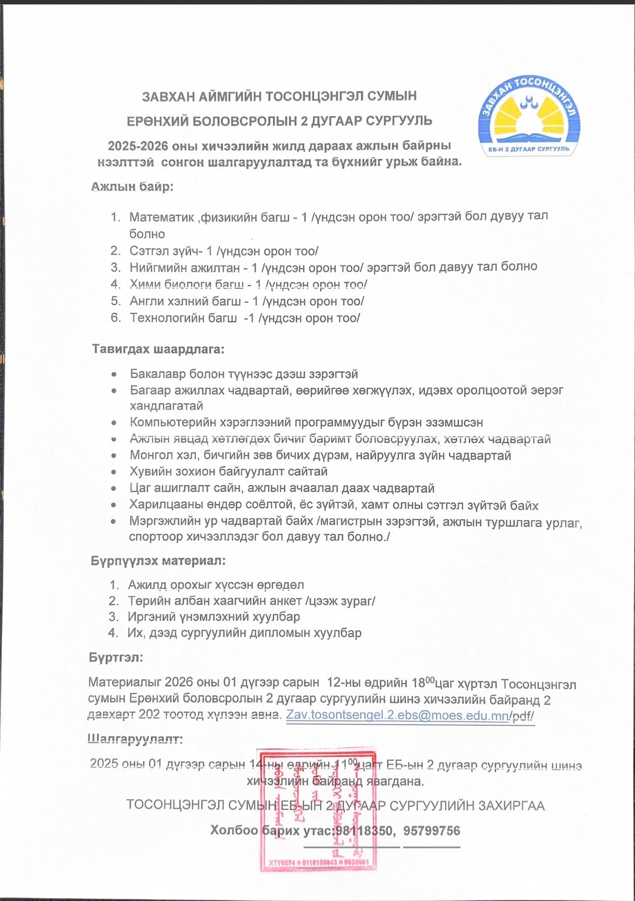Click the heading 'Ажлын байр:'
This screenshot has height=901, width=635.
point(132,187)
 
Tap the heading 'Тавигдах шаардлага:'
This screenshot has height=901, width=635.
point(158,350)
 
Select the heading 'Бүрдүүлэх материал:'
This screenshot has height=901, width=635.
point(158,561)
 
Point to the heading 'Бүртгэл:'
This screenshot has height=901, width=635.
point(116,658)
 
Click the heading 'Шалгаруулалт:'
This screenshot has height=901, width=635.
point(135,739)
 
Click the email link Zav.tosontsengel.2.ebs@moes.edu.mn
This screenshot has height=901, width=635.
point(397,715)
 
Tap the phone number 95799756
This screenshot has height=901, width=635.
point(432,831)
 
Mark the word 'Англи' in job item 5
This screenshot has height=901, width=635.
point(144,301)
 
